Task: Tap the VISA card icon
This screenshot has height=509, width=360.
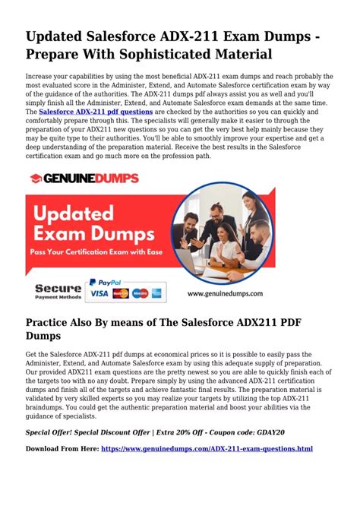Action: pyautogui.click(x=99, y=292)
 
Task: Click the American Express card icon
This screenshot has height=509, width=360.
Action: pyautogui.click(x=156, y=292)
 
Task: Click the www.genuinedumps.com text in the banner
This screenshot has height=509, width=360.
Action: pyautogui.click(x=226, y=292)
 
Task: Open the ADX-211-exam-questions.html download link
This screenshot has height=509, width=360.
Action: pyautogui.click(x=206, y=449)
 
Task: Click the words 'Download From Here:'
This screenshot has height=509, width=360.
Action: pyautogui.click(x=62, y=449)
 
